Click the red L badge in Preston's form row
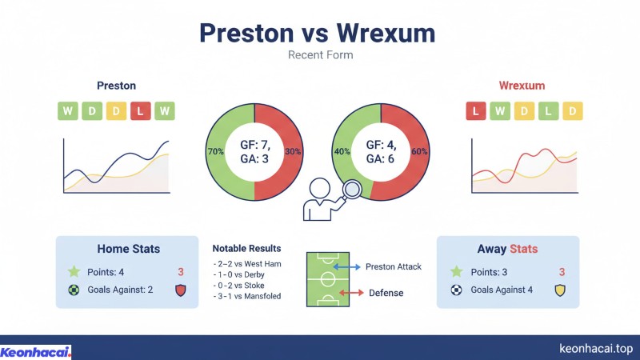coord(140,111)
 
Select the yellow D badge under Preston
coord(115,111)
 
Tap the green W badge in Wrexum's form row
coord(501,111)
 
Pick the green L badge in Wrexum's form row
coord(549,111)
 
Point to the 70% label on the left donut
coord(215,151)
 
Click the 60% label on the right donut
coord(419,151)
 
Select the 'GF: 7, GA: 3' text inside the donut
coord(254,152)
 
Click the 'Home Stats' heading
coord(127,249)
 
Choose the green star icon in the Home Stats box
coord(74,272)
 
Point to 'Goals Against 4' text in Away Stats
coord(502,290)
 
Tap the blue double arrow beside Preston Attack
coord(348,266)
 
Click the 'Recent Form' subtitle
coord(319,55)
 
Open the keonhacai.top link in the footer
coord(595,349)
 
